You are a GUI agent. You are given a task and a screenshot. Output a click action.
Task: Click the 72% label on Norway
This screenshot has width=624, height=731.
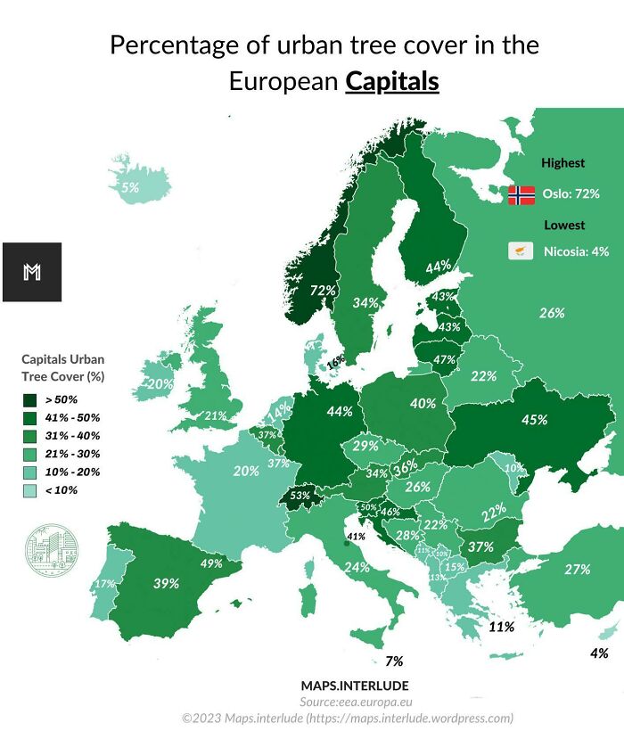323,290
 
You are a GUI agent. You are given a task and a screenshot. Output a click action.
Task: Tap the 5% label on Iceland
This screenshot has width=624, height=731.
130,188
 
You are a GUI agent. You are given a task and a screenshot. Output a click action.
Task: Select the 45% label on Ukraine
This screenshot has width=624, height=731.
534,420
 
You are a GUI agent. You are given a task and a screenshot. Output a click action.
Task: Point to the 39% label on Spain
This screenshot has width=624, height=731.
166,583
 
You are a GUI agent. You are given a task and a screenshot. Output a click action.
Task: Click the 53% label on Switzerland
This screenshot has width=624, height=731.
300,496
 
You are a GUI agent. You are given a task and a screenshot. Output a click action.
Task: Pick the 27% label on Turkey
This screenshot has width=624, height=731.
578,570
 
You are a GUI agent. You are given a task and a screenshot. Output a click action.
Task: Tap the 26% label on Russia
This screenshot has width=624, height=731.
552,313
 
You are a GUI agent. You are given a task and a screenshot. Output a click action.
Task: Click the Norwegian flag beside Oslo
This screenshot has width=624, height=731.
521,194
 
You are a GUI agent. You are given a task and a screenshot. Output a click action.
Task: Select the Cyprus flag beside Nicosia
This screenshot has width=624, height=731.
521,251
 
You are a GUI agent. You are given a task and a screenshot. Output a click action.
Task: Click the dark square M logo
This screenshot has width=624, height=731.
32,272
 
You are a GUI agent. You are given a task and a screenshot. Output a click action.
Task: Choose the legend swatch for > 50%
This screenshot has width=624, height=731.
29,399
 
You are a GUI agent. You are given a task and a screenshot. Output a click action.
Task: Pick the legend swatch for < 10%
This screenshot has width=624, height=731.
29,489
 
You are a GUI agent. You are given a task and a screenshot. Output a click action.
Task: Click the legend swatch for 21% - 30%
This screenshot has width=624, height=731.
29,454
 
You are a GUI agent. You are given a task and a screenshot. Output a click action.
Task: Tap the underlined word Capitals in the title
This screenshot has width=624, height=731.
392,81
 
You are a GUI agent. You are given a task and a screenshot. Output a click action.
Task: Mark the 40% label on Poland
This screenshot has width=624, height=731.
423,403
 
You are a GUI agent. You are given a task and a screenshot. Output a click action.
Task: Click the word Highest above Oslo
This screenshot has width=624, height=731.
563,163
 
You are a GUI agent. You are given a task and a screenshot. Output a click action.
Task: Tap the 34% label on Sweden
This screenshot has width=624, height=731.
365,303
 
